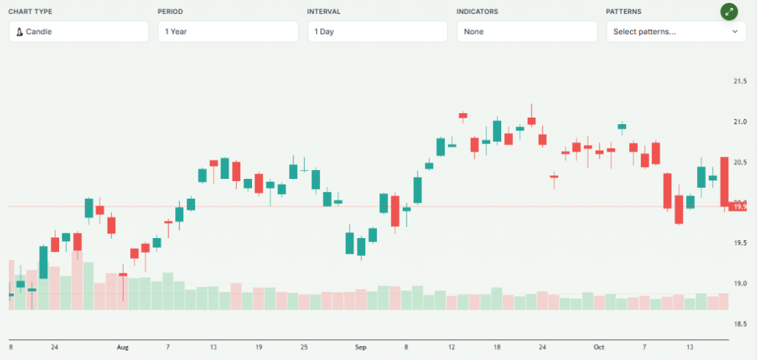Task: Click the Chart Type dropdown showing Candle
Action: pos(78,32)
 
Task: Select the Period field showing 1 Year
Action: pos(228,32)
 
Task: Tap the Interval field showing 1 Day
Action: pos(377,32)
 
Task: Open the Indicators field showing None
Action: pos(526,32)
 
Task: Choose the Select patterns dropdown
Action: pos(676,32)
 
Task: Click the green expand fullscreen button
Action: pos(730,11)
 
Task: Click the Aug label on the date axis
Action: pos(123,347)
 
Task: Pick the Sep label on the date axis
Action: pos(361,347)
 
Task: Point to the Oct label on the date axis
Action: pos(599,347)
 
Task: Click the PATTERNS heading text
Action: pos(624,12)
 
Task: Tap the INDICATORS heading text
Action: pos(478,12)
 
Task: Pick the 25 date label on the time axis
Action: pos(305,347)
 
